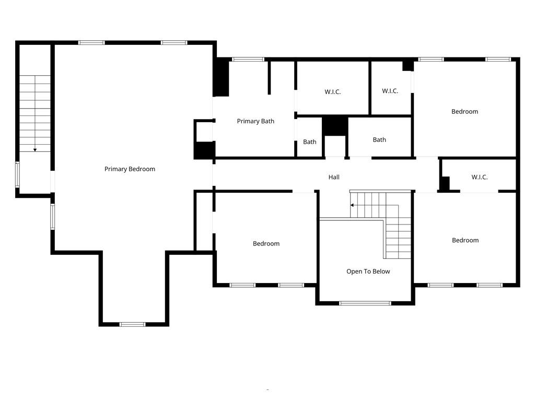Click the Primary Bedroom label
click(130, 169)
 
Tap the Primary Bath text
click(255, 121)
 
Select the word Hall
click(334, 177)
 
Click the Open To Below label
click(368, 272)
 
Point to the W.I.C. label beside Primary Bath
click(332, 92)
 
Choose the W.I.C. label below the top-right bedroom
click(479, 177)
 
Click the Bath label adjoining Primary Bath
click(310, 142)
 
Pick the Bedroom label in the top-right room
click(464, 111)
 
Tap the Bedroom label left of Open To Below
click(266, 243)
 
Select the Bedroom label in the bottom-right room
click(465, 240)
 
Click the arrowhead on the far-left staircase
click(35, 150)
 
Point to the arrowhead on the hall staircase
click(353, 205)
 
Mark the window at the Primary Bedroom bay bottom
click(133, 324)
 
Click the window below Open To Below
click(365, 303)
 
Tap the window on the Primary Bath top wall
click(248, 60)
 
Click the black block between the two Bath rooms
click(335, 126)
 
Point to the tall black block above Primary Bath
click(222, 77)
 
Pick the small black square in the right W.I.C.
click(445, 184)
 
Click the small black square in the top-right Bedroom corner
click(408, 66)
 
